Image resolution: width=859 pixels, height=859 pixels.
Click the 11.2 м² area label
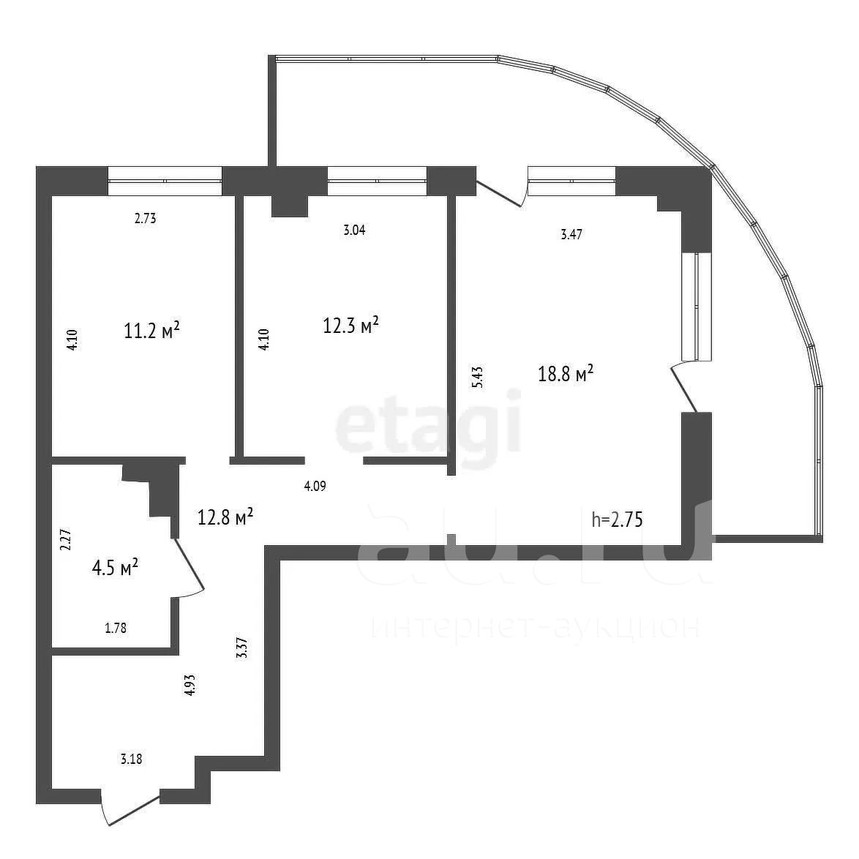(151, 330)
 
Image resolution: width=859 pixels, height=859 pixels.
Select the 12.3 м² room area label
(350, 325)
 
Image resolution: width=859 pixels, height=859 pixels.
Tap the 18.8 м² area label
(566, 374)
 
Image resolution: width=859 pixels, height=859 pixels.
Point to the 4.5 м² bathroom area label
(115, 567)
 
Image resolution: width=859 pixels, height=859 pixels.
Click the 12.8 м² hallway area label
(225, 516)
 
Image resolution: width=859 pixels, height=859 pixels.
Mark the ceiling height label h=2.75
(617, 519)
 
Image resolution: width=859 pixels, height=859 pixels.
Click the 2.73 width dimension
(145, 219)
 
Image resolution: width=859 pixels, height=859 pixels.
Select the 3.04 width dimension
(354, 230)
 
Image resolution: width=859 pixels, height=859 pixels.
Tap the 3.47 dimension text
(571, 234)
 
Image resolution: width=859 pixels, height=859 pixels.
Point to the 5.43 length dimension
(478, 378)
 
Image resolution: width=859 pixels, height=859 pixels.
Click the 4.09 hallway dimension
(315, 486)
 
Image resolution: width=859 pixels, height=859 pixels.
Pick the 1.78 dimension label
(116, 628)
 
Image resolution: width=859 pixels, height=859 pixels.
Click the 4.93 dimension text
(190, 685)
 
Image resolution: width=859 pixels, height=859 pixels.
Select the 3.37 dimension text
(242, 648)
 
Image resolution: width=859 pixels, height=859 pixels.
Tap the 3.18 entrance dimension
(132, 759)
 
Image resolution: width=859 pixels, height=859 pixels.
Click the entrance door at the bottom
(130, 809)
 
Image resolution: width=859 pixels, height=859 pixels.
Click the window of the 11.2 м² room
(165, 181)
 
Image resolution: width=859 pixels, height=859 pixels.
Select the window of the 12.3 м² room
(377, 181)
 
